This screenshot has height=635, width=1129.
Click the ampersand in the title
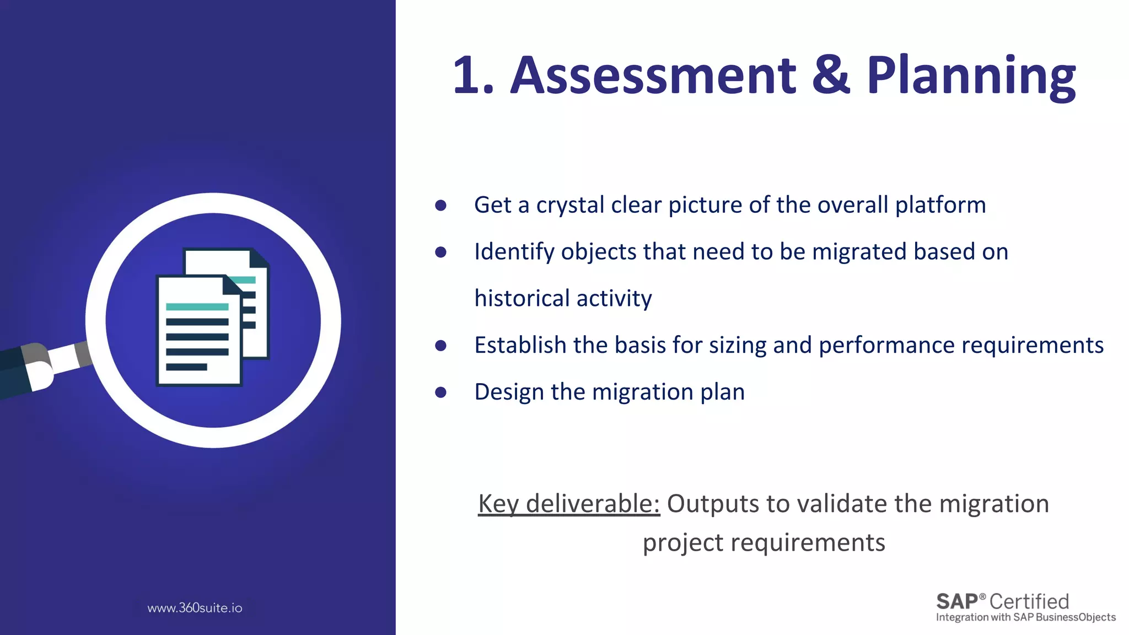831,76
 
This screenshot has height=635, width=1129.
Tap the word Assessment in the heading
653,76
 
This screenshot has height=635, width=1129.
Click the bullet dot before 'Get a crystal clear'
440,206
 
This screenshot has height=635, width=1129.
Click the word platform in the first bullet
940,206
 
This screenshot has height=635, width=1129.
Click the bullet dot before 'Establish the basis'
440,346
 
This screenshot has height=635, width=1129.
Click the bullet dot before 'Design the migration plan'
440,392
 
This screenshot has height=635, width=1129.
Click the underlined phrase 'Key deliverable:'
568,504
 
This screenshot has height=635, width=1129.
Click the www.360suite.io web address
195,608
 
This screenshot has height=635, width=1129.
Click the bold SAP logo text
958,601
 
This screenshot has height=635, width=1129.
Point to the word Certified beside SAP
1029,601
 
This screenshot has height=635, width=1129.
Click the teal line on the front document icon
197,306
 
